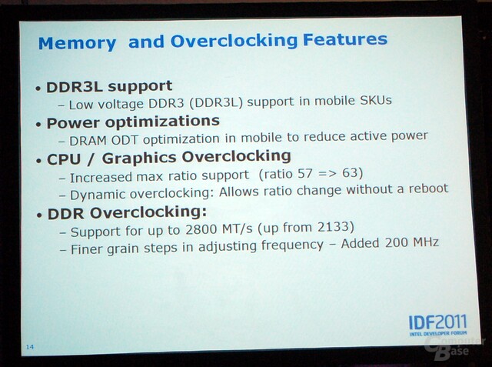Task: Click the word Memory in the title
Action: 77,43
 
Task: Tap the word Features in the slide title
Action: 345,39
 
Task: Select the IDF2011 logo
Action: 438,325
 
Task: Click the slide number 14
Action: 30,347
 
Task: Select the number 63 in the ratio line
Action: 350,172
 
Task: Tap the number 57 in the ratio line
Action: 305,173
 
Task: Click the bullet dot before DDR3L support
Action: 38,89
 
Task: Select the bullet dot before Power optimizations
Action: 38,125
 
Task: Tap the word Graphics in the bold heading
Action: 139,158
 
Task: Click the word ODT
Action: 125,140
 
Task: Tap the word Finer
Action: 87,249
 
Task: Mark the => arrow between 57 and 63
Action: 327,173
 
